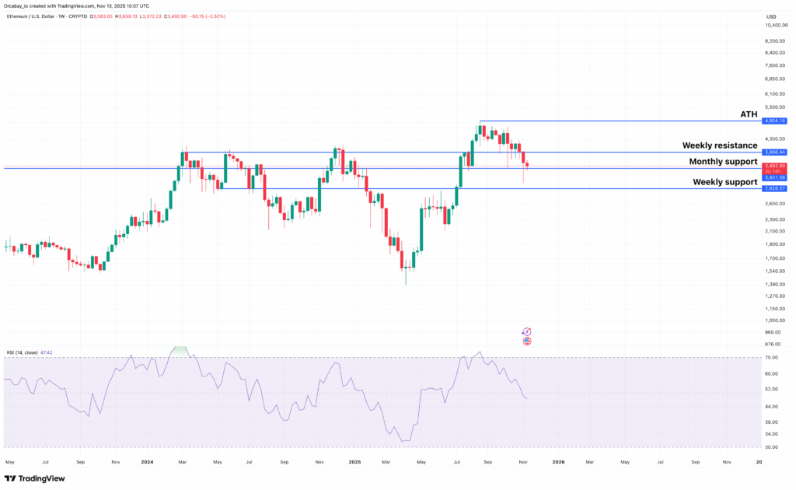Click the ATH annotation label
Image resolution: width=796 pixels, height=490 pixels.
748,114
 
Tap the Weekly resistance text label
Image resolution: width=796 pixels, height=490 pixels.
719,145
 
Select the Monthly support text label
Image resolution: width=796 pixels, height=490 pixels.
723,162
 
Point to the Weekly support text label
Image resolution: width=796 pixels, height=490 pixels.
725,182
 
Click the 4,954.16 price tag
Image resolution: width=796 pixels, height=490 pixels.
776,121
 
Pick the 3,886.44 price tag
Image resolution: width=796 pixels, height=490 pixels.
776,152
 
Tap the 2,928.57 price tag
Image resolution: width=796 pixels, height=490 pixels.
776,188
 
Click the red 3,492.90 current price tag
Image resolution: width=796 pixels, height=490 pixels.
776,166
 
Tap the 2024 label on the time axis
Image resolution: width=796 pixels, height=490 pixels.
147,461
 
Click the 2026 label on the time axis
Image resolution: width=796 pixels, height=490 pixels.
558,461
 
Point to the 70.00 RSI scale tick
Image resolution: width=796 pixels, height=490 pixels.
772,358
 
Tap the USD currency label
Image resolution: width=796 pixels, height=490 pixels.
771,16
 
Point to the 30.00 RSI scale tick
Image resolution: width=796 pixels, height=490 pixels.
772,446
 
